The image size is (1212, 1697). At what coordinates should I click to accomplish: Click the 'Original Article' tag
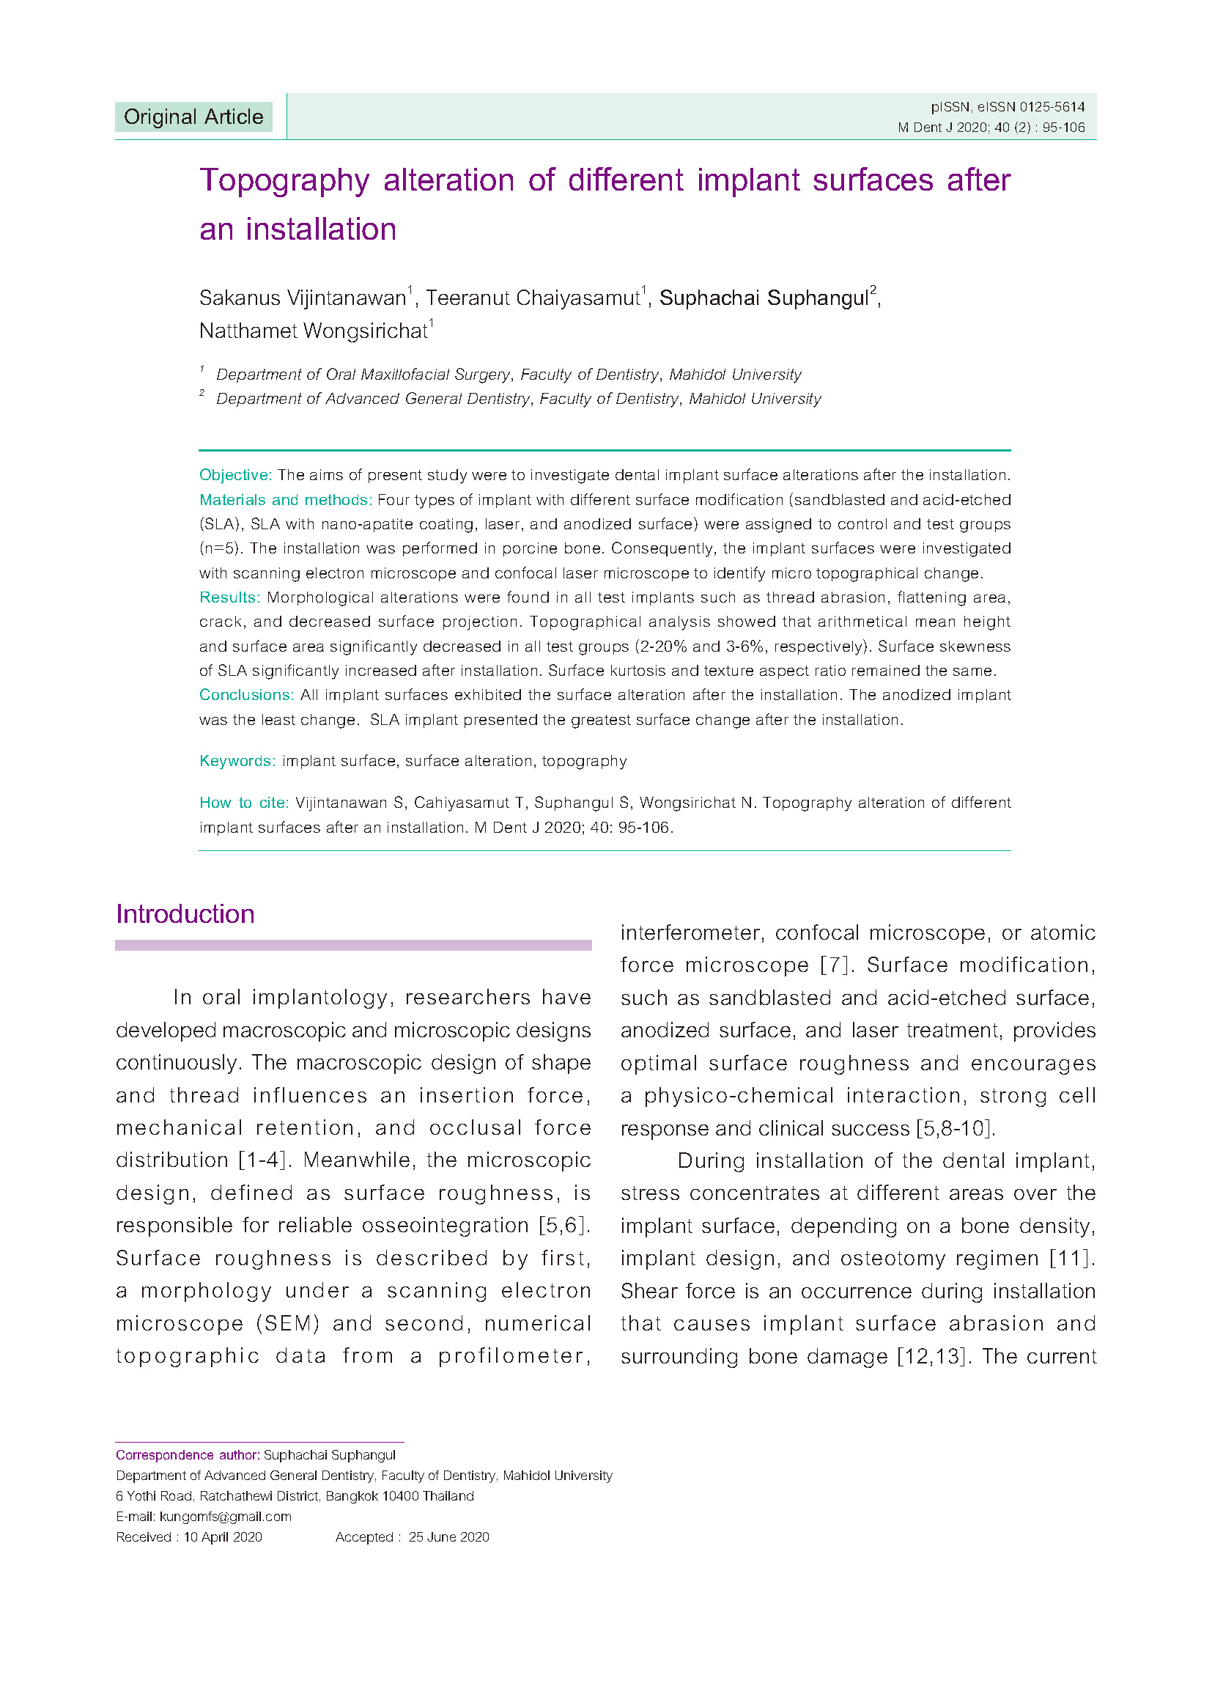(193, 117)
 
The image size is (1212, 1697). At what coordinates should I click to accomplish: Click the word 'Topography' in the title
(284, 180)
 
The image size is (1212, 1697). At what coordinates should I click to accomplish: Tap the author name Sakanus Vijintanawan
(302, 298)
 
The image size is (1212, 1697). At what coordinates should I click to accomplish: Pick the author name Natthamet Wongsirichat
(314, 331)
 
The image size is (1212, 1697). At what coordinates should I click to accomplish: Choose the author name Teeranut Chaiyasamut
(533, 298)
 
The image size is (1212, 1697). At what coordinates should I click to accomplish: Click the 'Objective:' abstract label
(235, 475)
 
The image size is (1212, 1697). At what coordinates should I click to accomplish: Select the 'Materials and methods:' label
(285, 499)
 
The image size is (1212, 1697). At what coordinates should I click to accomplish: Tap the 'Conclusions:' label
(246, 695)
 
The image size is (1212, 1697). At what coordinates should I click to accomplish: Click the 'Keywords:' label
(237, 761)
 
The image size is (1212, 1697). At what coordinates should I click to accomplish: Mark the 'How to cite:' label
(243, 803)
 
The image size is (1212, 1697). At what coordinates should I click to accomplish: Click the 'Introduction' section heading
(185, 914)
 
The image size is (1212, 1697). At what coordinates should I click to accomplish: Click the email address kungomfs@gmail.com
(226, 1517)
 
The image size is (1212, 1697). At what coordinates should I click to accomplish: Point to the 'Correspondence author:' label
(188, 1455)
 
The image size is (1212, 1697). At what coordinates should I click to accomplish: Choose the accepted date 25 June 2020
(448, 1536)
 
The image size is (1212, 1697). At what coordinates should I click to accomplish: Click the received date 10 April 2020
(223, 1536)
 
